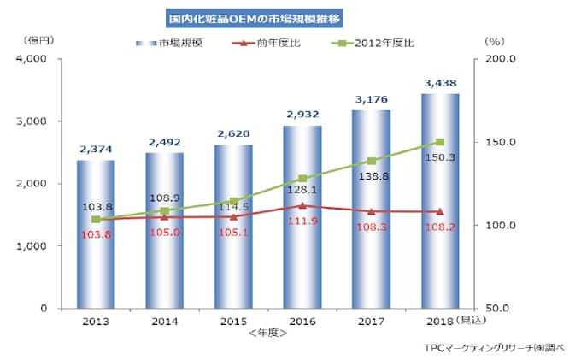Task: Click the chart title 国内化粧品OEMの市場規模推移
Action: [252, 16]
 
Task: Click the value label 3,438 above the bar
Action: [440, 83]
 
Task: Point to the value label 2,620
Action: [233, 135]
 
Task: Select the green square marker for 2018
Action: [440, 142]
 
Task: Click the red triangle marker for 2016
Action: [302, 205]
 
